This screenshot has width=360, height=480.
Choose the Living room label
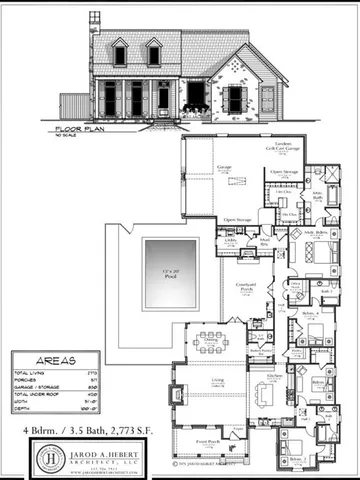214,381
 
